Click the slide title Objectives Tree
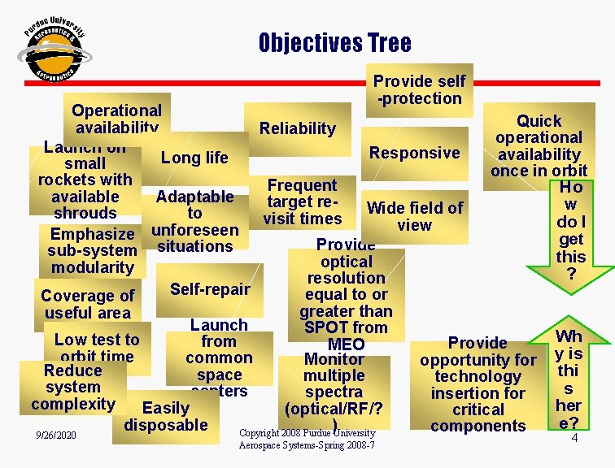point(334,42)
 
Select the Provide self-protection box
point(419,89)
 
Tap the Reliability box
point(297,128)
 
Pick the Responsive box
point(414,153)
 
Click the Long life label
point(194,158)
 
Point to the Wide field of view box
point(414,216)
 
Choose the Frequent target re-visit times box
point(303,201)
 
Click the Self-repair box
point(210,289)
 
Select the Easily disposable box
point(166,416)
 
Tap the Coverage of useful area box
point(87,304)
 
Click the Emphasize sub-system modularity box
point(93,250)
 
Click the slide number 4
point(574,438)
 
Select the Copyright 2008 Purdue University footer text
point(307,439)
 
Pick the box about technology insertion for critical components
point(478,384)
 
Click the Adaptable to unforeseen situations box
point(194,221)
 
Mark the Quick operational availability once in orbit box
point(539,146)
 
